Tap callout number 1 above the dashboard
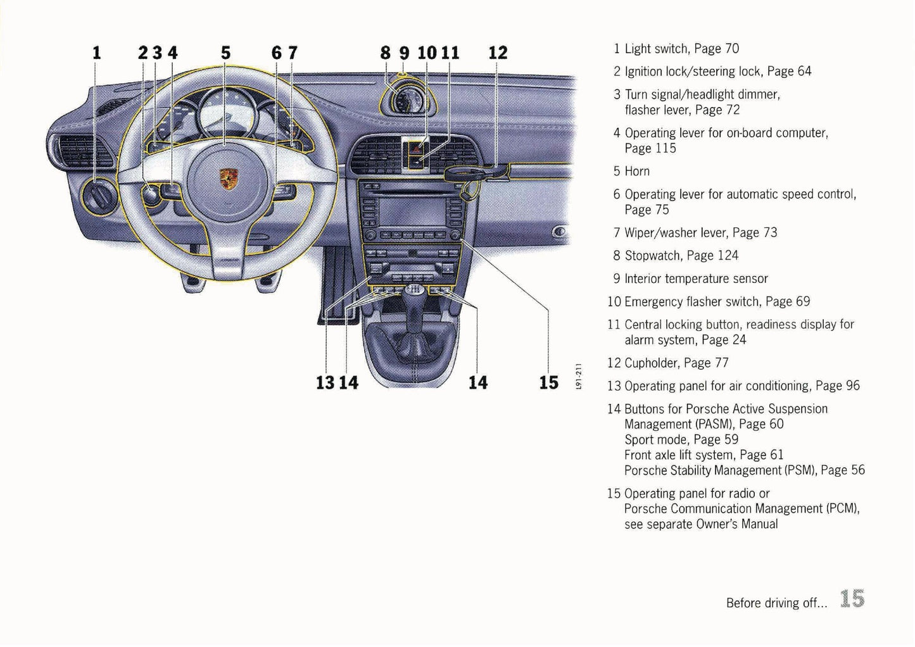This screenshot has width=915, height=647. pos(96,53)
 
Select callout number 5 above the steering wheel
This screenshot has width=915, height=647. pos(225,53)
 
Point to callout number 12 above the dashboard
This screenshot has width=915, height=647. pos(498,53)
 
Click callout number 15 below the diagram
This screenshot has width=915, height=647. pos(548,382)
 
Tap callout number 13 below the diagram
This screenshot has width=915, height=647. pos(325,382)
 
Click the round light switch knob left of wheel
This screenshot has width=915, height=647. pos(97,192)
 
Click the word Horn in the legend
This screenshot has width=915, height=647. pos(637,172)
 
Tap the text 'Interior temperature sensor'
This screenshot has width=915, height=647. pos(696,279)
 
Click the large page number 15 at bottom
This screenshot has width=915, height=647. pos(852,599)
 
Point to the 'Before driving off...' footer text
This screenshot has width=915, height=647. pos(776,603)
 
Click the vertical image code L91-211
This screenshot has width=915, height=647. pos(579,377)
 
